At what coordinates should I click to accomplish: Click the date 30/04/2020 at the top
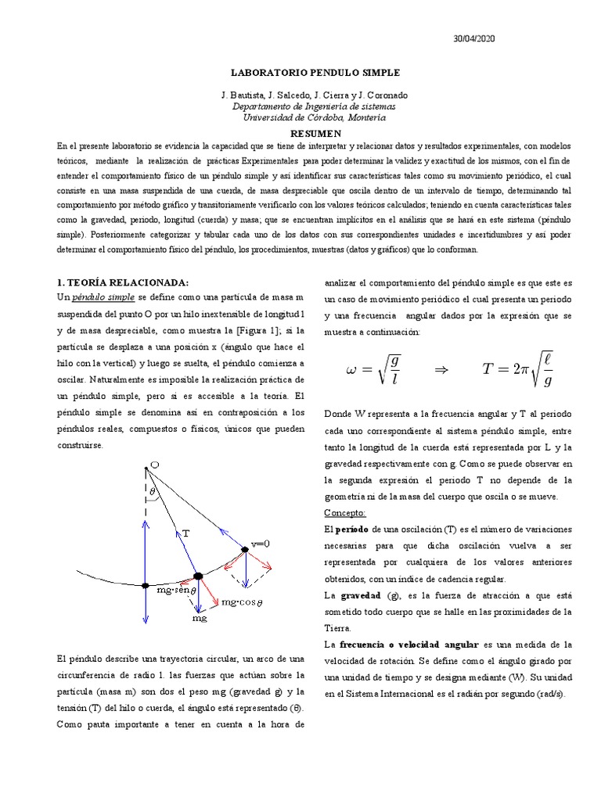pos(474,38)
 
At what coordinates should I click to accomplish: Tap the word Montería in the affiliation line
pos(364,118)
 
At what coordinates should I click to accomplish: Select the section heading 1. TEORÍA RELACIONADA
pos(123,282)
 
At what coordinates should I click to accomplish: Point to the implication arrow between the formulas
pos(441,371)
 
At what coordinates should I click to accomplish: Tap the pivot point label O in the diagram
pos(155,465)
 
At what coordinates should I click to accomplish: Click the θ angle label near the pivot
pos(153,493)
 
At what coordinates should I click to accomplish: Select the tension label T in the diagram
pos(185,532)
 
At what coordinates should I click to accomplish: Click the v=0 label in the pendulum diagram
pos(260,544)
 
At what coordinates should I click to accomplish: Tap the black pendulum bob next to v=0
pos(245,550)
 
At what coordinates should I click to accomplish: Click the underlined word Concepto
pos(344,512)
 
